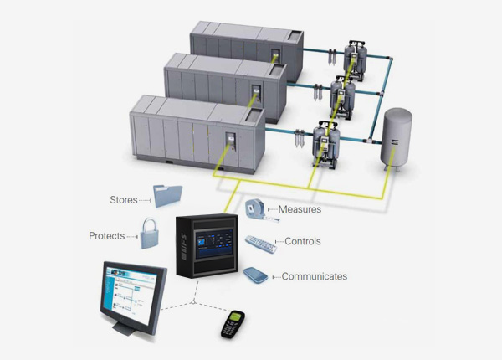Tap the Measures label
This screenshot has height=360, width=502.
click(300, 209)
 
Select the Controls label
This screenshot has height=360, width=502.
click(302, 242)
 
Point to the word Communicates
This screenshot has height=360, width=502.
click(314, 276)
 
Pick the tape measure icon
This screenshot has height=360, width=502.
click(257, 208)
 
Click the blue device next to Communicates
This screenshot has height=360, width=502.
click(256, 275)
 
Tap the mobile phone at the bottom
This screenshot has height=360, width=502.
click(232, 323)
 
